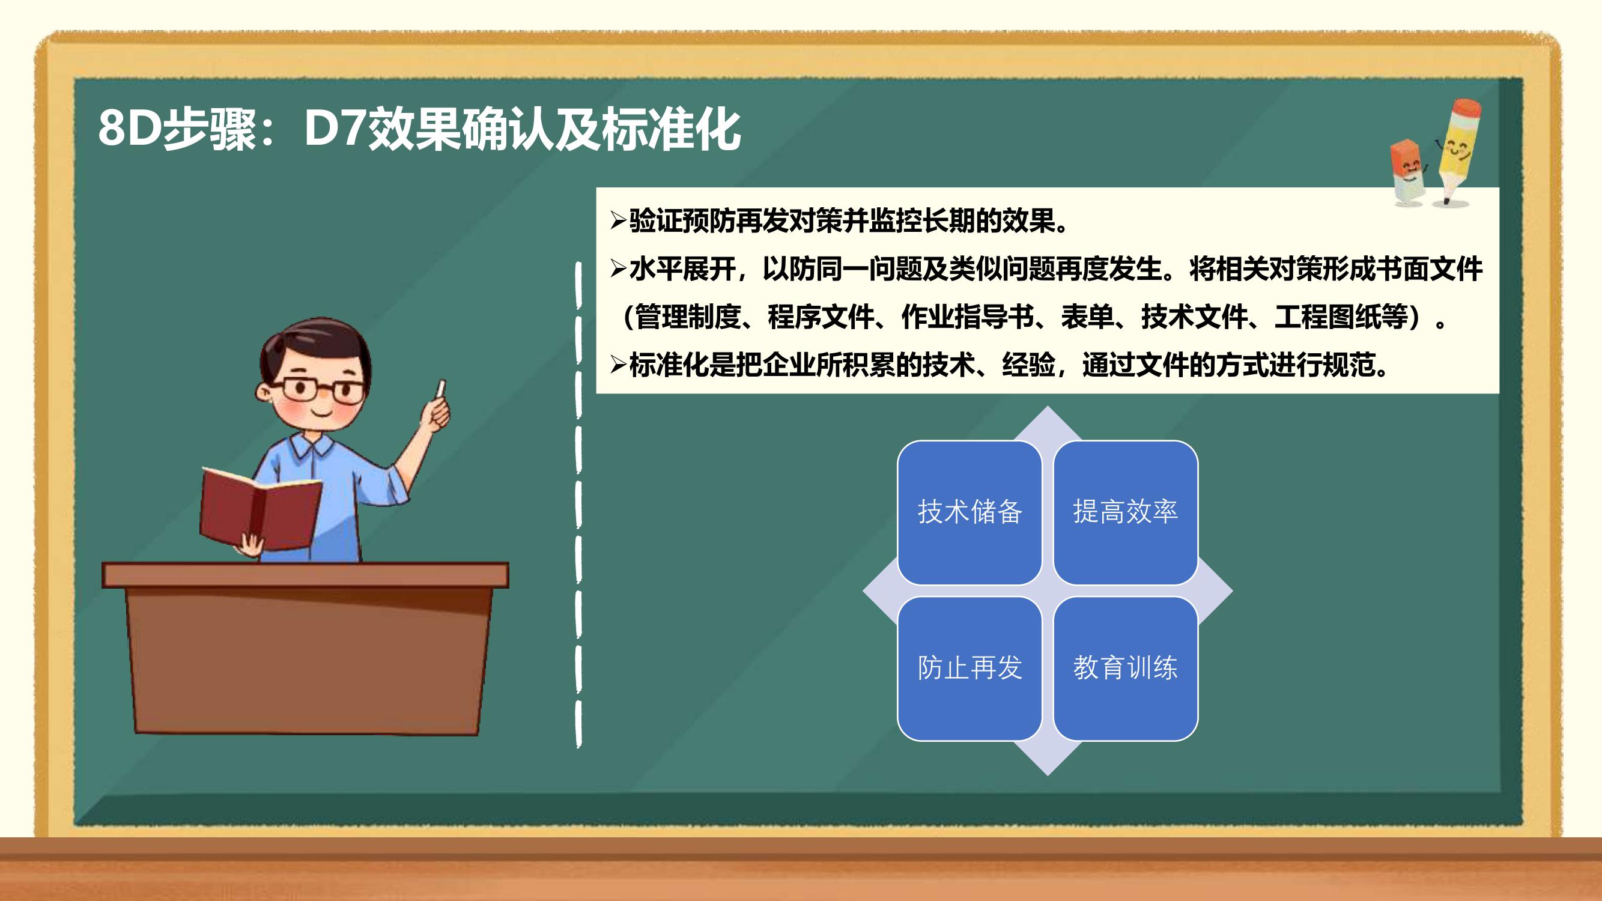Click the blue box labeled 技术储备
(x=969, y=512)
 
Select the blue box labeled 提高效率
(x=1126, y=512)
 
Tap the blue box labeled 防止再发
(x=969, y=669)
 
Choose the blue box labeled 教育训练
(x=1126, y=669)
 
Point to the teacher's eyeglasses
(x=323, y=390)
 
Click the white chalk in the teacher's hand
(x=441, y=389)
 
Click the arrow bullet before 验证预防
(x=617, y=220)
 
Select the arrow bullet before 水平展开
(x=617, y=268)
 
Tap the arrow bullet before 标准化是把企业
(x=617, y=365)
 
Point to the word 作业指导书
(x=968, y=317)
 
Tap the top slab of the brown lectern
(x=305, y=575)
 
